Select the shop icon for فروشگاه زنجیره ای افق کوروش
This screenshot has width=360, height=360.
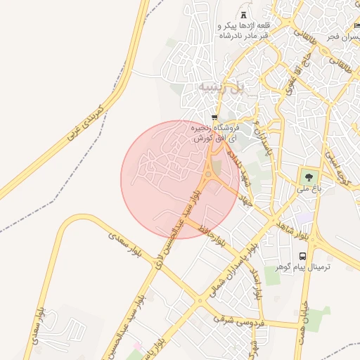214,117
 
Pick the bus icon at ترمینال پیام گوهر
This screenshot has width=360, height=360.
302,256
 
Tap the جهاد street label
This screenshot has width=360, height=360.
243,198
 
